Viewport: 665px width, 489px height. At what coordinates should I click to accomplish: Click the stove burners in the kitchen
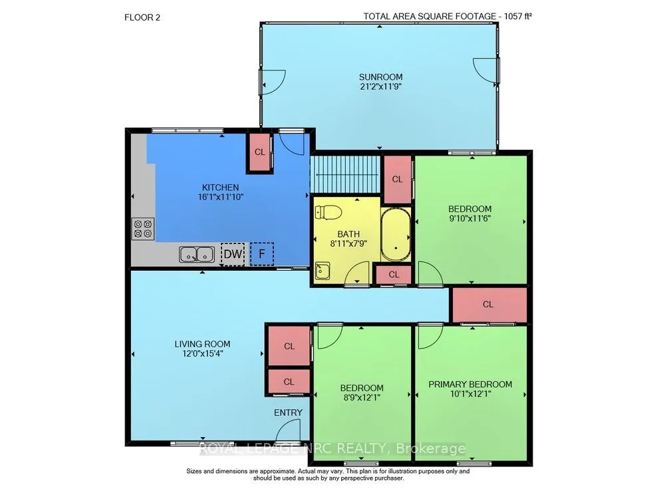tap(143, 229)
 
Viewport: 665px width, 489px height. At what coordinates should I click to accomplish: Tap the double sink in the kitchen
tap(196, 253)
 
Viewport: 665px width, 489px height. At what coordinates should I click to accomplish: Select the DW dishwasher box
tap(233, 253)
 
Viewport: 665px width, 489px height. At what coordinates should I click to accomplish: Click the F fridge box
tap(261, 253)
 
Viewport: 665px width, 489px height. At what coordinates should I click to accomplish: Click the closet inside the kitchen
tap(259, 152)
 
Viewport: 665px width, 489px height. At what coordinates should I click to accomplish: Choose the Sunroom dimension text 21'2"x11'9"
tap(379, 86)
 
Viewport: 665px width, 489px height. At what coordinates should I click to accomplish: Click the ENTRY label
tap(288, 412)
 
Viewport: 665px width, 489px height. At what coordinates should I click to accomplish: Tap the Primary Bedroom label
tap(470, 384)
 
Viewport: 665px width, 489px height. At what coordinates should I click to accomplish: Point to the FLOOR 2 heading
tap(142, 17)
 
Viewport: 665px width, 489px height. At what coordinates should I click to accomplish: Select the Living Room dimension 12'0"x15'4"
tap(202, 354)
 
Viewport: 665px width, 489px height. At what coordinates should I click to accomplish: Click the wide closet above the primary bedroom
tap(488, 304)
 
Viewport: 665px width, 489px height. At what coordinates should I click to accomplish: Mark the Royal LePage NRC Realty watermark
tap(332, 448)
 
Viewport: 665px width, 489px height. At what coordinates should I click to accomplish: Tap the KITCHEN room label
tap(220, 188)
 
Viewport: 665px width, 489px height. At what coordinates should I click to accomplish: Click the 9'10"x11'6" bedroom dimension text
tap(470, 218)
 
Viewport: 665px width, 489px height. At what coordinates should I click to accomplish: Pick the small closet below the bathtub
tap(394, 274)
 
